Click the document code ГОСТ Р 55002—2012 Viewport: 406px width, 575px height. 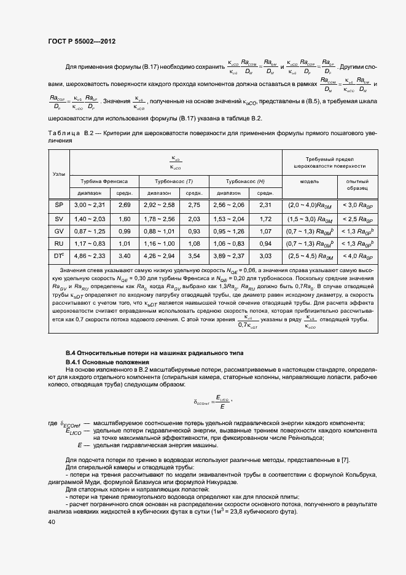tap(81, 41)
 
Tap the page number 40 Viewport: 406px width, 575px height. tap(51, 522)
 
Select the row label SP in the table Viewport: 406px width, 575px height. tap(60, 205)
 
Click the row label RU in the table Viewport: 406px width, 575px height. tap(60, 243)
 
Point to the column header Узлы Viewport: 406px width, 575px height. tap(60, 174)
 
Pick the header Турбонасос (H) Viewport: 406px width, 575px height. tap(245, 181)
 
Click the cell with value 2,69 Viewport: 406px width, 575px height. tap(125, 205)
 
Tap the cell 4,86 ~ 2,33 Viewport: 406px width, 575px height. tap(90, 256)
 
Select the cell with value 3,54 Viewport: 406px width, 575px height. tap(195, 256)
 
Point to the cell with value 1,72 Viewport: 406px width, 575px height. tap(265, 218)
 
